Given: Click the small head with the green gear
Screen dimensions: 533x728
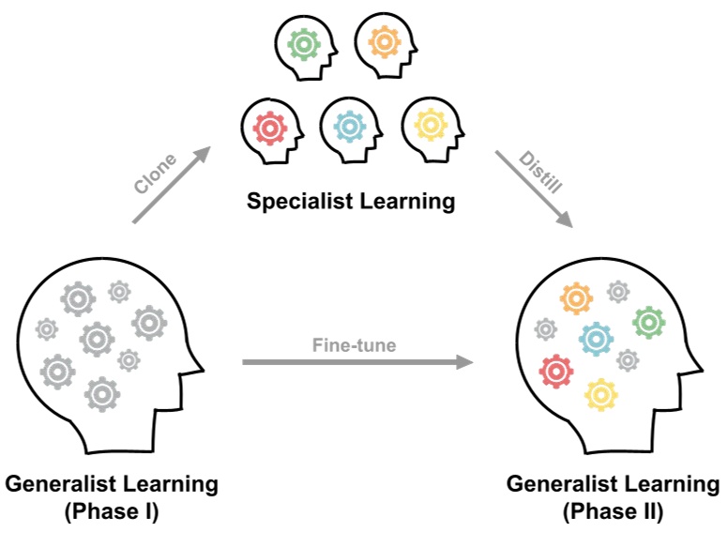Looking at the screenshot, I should [304, 44].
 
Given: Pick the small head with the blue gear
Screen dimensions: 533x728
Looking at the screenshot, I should [351, 127].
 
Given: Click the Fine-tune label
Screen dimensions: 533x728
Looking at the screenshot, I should [354, 344].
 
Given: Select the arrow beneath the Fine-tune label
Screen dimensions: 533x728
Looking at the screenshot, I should [356, 361].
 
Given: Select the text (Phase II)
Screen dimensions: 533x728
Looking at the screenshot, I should [613, 512].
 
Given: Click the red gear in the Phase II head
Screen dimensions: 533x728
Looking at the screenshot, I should [556, 372].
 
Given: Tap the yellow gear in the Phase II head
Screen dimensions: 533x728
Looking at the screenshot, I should [600, 394].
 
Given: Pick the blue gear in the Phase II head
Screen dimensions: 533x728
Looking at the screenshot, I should [596, 338].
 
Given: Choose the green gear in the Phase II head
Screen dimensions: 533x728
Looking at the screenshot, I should [649, 322].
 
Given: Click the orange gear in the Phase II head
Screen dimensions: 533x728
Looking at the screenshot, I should [576, 298].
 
